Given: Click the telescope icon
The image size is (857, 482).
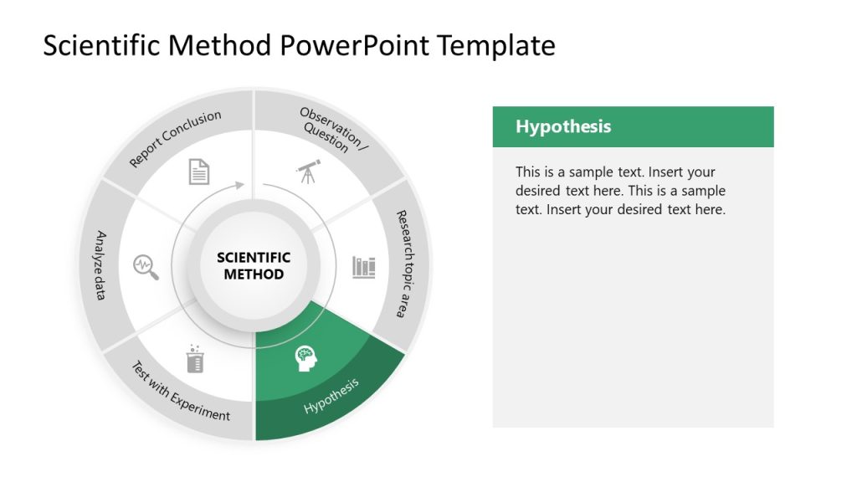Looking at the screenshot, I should [308, 172].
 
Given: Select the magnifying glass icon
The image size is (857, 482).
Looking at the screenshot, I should [146, 267].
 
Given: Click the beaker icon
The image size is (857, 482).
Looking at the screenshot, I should [195, 359].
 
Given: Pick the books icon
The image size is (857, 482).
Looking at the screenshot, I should [364, 267].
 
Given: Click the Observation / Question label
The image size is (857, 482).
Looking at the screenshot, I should [331, 132].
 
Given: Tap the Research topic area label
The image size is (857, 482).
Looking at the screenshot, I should [407, 263].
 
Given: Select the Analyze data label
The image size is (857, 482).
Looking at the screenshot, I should [100, 265].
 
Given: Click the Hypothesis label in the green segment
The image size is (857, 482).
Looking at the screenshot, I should [331, 395].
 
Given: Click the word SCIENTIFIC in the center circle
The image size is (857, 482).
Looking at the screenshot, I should [254, 258].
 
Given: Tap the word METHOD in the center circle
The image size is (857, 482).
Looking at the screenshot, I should [254, 274].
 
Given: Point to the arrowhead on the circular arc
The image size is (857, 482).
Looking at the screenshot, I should [241, 184].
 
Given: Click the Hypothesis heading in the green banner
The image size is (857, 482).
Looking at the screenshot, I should [563, 126].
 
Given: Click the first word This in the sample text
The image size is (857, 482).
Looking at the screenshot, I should [528, 172].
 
